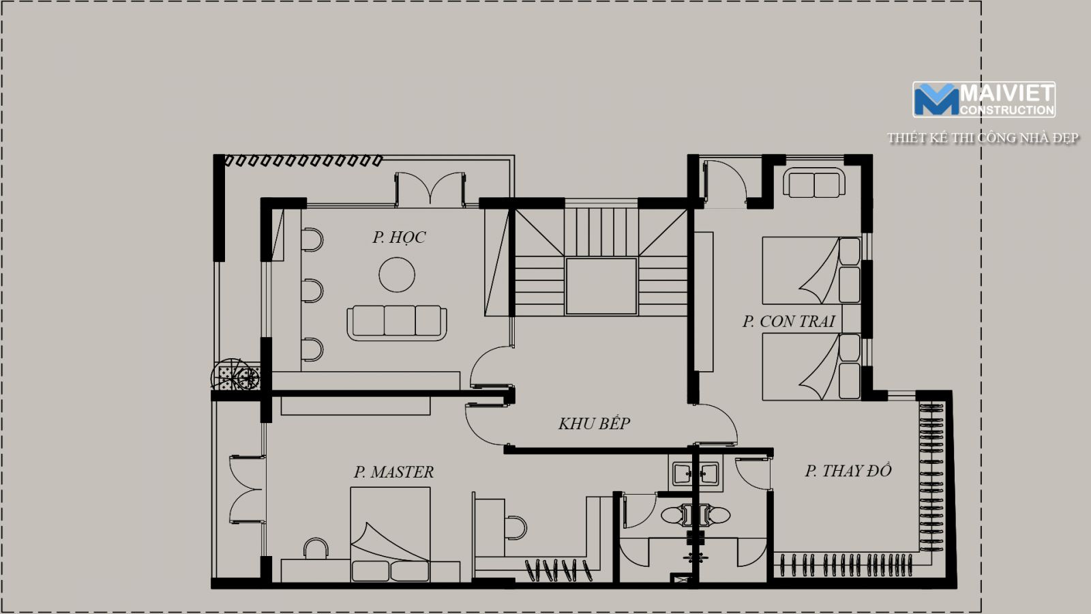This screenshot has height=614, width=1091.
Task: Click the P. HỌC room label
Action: (399, 238)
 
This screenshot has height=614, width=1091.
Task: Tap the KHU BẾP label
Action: (594, 424)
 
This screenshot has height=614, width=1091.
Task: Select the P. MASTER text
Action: (393, 471)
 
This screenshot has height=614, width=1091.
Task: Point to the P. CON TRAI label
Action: (788, 321)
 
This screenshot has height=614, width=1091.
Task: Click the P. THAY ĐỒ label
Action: (848, 470)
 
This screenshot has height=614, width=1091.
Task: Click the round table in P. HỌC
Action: (397, 274)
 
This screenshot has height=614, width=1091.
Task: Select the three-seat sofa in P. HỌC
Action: (397, 323)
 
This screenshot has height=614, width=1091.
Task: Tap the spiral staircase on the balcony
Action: (236, 375)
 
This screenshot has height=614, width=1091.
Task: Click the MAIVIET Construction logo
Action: (984, 100)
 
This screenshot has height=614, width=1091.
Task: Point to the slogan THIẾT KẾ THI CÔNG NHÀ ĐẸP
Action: (983, 138)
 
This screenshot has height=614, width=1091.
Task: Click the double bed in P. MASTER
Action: (390, 535)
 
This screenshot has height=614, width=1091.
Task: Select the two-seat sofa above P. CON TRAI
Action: (814, 183)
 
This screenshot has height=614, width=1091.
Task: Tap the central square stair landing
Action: (601, 287)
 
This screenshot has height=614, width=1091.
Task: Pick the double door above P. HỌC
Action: (430, 189)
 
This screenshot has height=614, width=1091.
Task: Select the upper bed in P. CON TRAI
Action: (811, 270)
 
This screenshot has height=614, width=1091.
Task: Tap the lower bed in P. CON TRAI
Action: (811, 367)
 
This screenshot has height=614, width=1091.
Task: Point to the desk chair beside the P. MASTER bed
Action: (316, 549)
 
